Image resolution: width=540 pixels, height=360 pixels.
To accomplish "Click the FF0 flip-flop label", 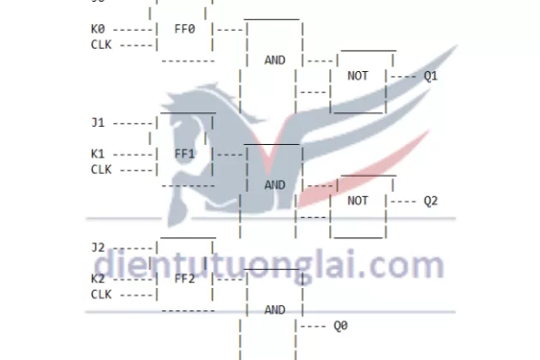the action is (x=185, y=28).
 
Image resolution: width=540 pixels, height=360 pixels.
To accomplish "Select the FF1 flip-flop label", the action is (x=185, y=153).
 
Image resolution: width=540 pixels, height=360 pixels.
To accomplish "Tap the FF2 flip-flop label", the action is (x=185, y=279).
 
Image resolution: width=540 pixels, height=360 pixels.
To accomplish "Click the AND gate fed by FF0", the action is (x=274, y=60).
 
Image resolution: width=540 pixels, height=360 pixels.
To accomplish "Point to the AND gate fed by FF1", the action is (x=274, y=185).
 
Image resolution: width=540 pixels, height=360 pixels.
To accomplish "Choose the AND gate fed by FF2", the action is (x=274, y=309).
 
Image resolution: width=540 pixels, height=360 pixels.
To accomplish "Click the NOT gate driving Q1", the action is (x=358, y=75).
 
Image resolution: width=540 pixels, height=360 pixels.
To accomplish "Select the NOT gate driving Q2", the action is (x=358, y=201).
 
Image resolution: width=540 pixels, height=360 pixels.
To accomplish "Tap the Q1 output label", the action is (x=430, y=75).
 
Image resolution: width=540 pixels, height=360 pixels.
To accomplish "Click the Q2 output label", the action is (x=430, y=201).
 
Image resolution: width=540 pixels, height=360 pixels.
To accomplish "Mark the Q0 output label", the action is (x=340, y=326).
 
